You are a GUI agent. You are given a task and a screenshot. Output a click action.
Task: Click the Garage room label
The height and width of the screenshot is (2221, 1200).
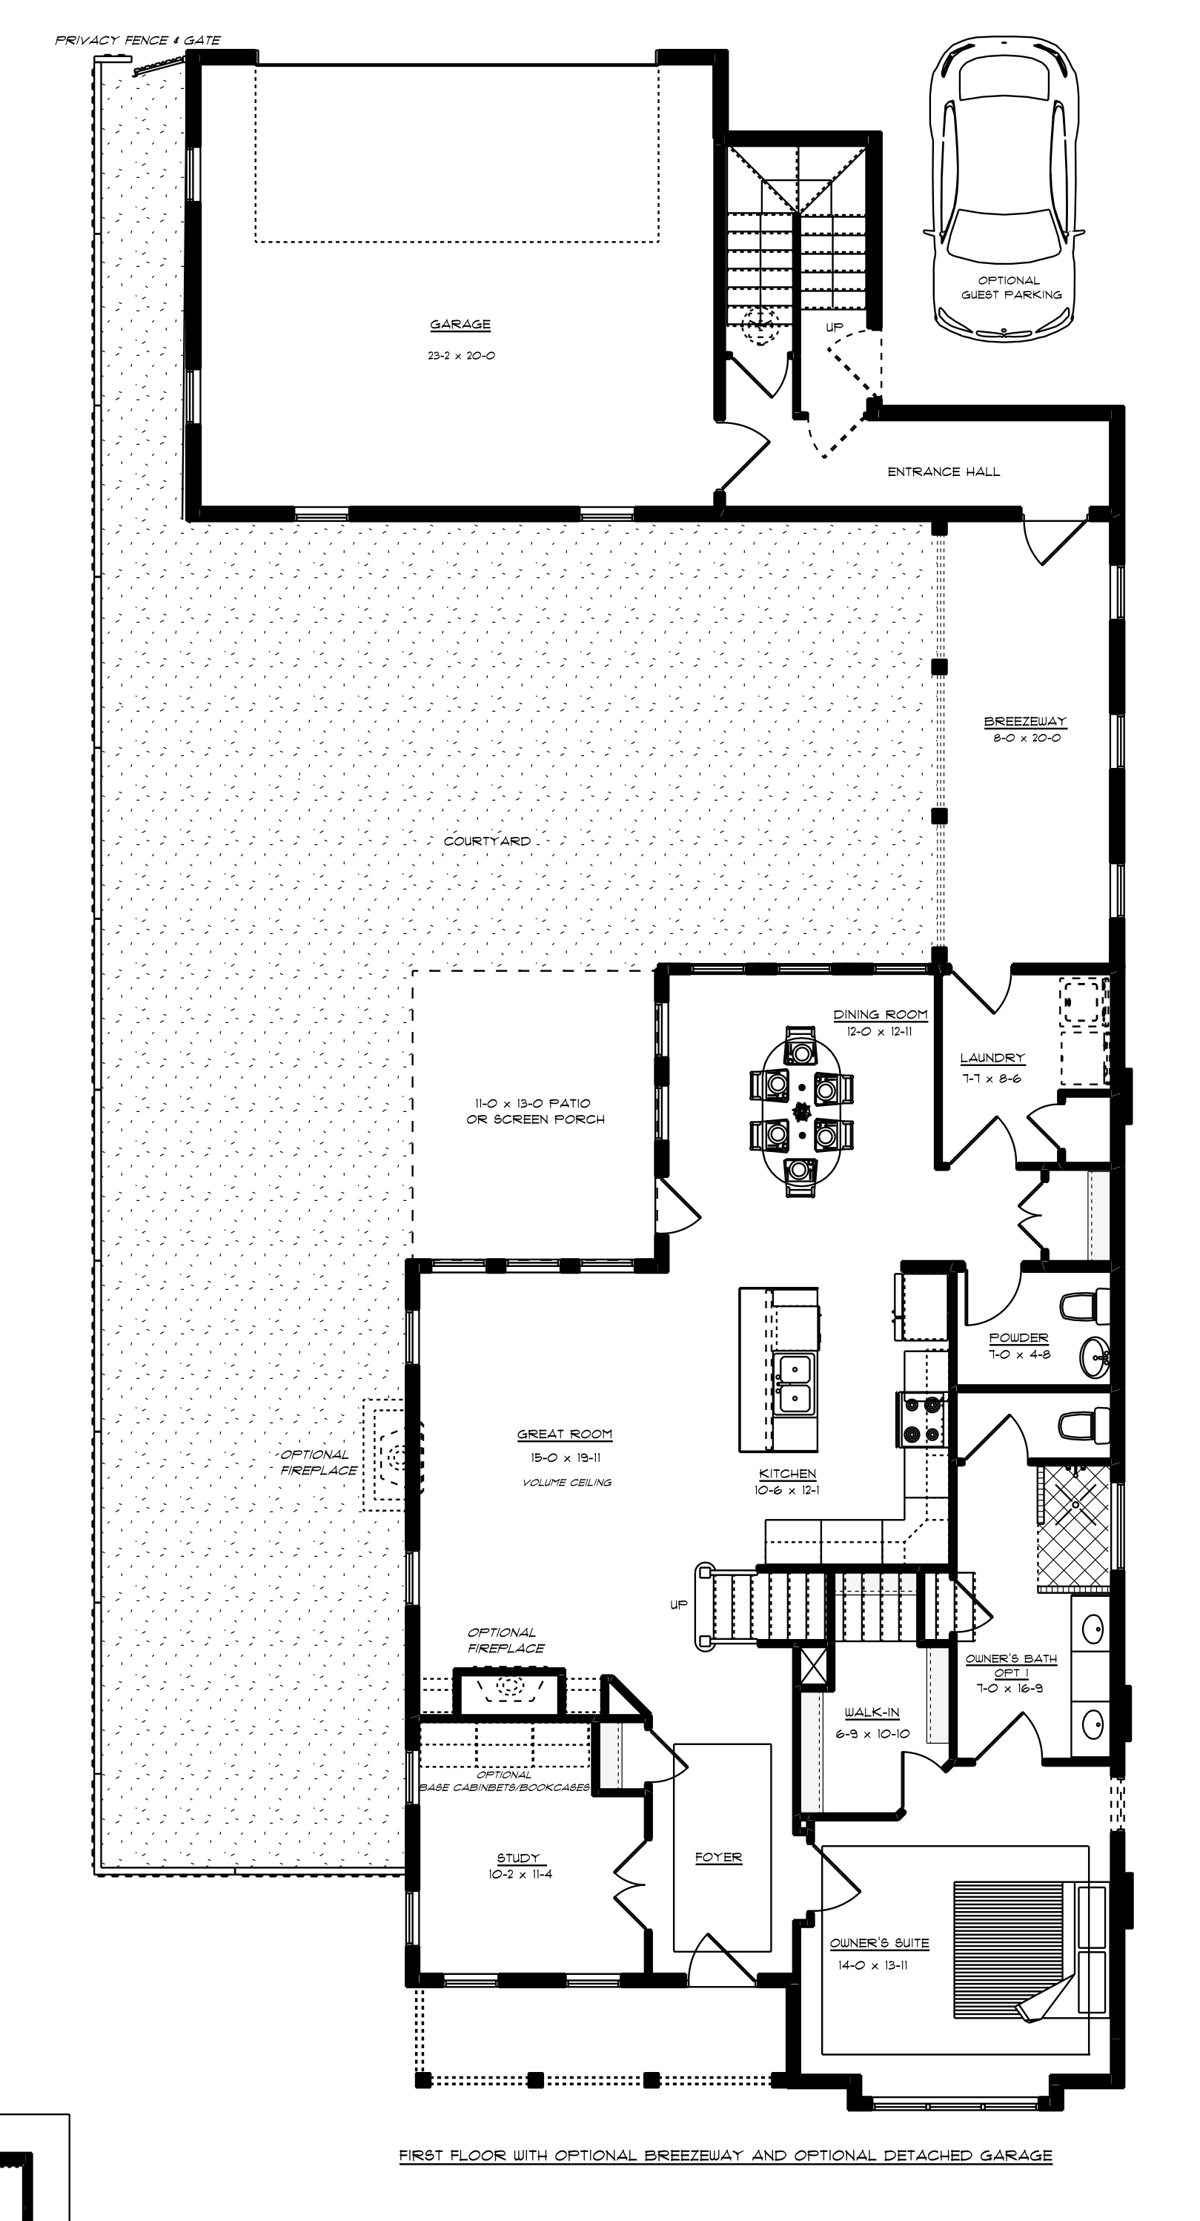pos(460,325)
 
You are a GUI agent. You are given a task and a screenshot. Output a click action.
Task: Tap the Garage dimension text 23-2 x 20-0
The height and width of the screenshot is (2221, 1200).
pos(461,355)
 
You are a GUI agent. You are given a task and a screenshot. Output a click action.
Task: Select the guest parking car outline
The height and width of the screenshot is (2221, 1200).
pos(1004,188)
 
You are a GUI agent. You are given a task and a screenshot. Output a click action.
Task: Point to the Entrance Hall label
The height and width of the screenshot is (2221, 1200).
pos(944,471)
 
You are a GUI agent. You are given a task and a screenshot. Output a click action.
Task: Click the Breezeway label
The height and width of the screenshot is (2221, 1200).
pos(1025,721)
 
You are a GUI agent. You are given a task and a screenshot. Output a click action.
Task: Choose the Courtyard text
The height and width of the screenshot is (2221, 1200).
pos(487,841)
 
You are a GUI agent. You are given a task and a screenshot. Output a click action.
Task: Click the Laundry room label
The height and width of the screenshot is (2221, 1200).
pos(992,1058)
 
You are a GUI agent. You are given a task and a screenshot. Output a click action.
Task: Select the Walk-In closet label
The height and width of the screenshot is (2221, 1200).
pos(872,1712)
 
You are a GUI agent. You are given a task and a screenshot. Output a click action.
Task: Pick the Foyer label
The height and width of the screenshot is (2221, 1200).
pos(719,1858)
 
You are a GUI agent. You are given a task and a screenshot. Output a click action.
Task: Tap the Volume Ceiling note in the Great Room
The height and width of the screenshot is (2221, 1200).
pos(566,1482)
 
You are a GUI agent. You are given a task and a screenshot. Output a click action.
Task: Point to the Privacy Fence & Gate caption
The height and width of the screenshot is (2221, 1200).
pos(138,41)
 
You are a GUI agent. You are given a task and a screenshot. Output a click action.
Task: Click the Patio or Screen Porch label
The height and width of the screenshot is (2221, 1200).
pos(535,1111)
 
